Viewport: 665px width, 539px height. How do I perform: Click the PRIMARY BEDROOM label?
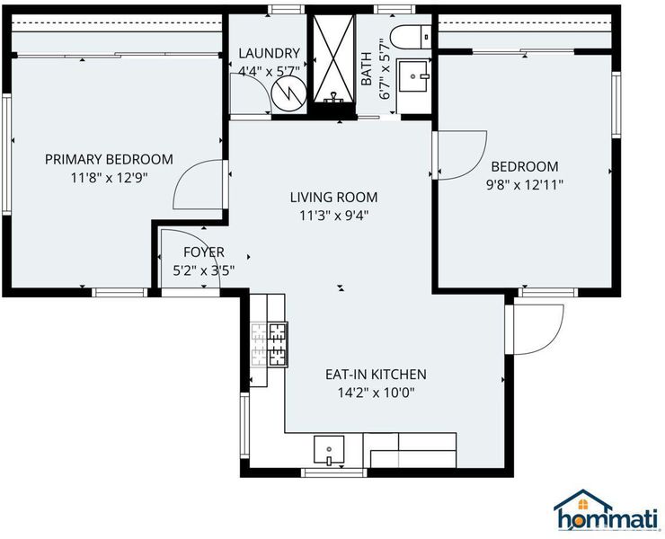coord(109,159)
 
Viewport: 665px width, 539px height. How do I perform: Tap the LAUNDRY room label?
coord(270,53)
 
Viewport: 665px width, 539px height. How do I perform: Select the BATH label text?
coord(367,68)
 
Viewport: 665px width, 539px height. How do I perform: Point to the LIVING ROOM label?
coord(333,198)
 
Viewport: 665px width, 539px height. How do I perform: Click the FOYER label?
coord(204,252)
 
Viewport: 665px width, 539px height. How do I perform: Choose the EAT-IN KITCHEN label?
coord(376,375)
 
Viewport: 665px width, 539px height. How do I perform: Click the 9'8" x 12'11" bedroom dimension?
coord(525,185)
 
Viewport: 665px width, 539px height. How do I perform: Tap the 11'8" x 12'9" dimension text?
coord(109,178)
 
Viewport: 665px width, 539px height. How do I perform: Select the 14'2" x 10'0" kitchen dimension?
coord(376,393)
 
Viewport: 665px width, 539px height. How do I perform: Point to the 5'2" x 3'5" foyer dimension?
coord(204,271)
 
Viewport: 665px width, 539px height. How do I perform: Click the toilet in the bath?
coord(411,37)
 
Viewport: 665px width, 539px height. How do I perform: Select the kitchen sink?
coord(329,449)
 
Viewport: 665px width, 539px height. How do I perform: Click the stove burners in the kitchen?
coord(270,344)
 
